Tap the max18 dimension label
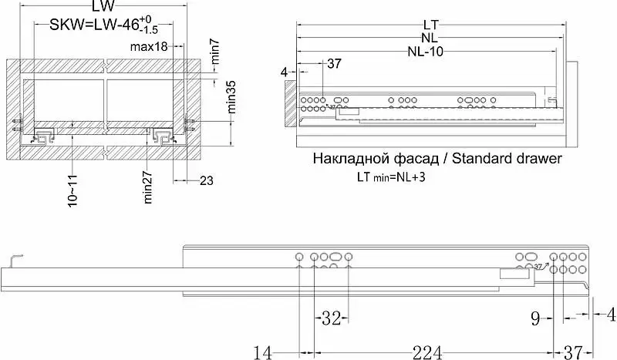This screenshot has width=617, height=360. (149, 47)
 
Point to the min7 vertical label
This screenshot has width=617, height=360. (215, 52)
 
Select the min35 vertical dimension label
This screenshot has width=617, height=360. (231, 97)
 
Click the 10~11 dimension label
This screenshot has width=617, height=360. (72, 191)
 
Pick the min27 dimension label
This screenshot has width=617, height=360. (147, 187)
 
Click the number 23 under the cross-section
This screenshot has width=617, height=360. (207, 181)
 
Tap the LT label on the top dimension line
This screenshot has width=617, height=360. (431, 25)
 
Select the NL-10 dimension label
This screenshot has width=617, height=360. (426, 52)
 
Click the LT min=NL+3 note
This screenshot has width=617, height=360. (391, 177)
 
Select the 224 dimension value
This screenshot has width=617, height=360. (427, 352)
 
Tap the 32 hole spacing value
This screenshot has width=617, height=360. (331, 318)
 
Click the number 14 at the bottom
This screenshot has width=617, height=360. (262, 352)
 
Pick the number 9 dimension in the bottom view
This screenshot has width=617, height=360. (535, 318)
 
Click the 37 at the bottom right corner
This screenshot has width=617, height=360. (573, 352)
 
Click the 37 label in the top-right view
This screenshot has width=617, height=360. (334, 63)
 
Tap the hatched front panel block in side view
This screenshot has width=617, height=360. (291, 103)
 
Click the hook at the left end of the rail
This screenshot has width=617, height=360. (15, 261)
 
